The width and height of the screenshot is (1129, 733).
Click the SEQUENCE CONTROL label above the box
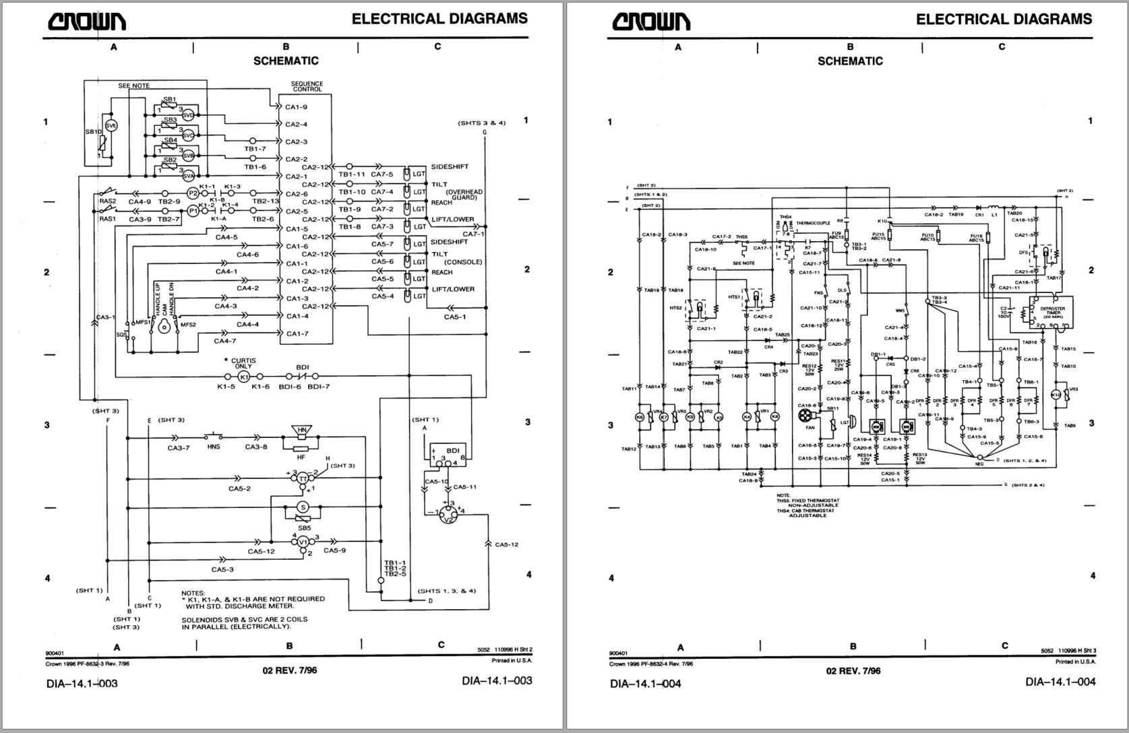coord(307,87)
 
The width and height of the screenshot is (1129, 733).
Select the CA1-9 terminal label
coord(296,107)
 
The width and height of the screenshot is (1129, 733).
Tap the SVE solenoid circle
coord(112,125)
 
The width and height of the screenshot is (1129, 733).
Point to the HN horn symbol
coord(302,431)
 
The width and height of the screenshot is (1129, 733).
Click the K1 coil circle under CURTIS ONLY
coord(245,377)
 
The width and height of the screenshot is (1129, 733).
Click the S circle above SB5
coord(303,507)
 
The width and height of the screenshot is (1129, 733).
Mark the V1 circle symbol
coord(303,542)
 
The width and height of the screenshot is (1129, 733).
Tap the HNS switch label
coord(214,447)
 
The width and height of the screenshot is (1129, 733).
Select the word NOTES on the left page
coord(193,593)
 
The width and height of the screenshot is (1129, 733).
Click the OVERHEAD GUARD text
coord(464,195)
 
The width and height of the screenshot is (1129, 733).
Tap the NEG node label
coord(979,464)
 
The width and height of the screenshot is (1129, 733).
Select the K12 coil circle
coord(1056,395)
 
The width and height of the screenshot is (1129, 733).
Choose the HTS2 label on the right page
coord(676,307)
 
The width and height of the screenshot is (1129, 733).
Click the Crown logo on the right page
coord(651,22)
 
